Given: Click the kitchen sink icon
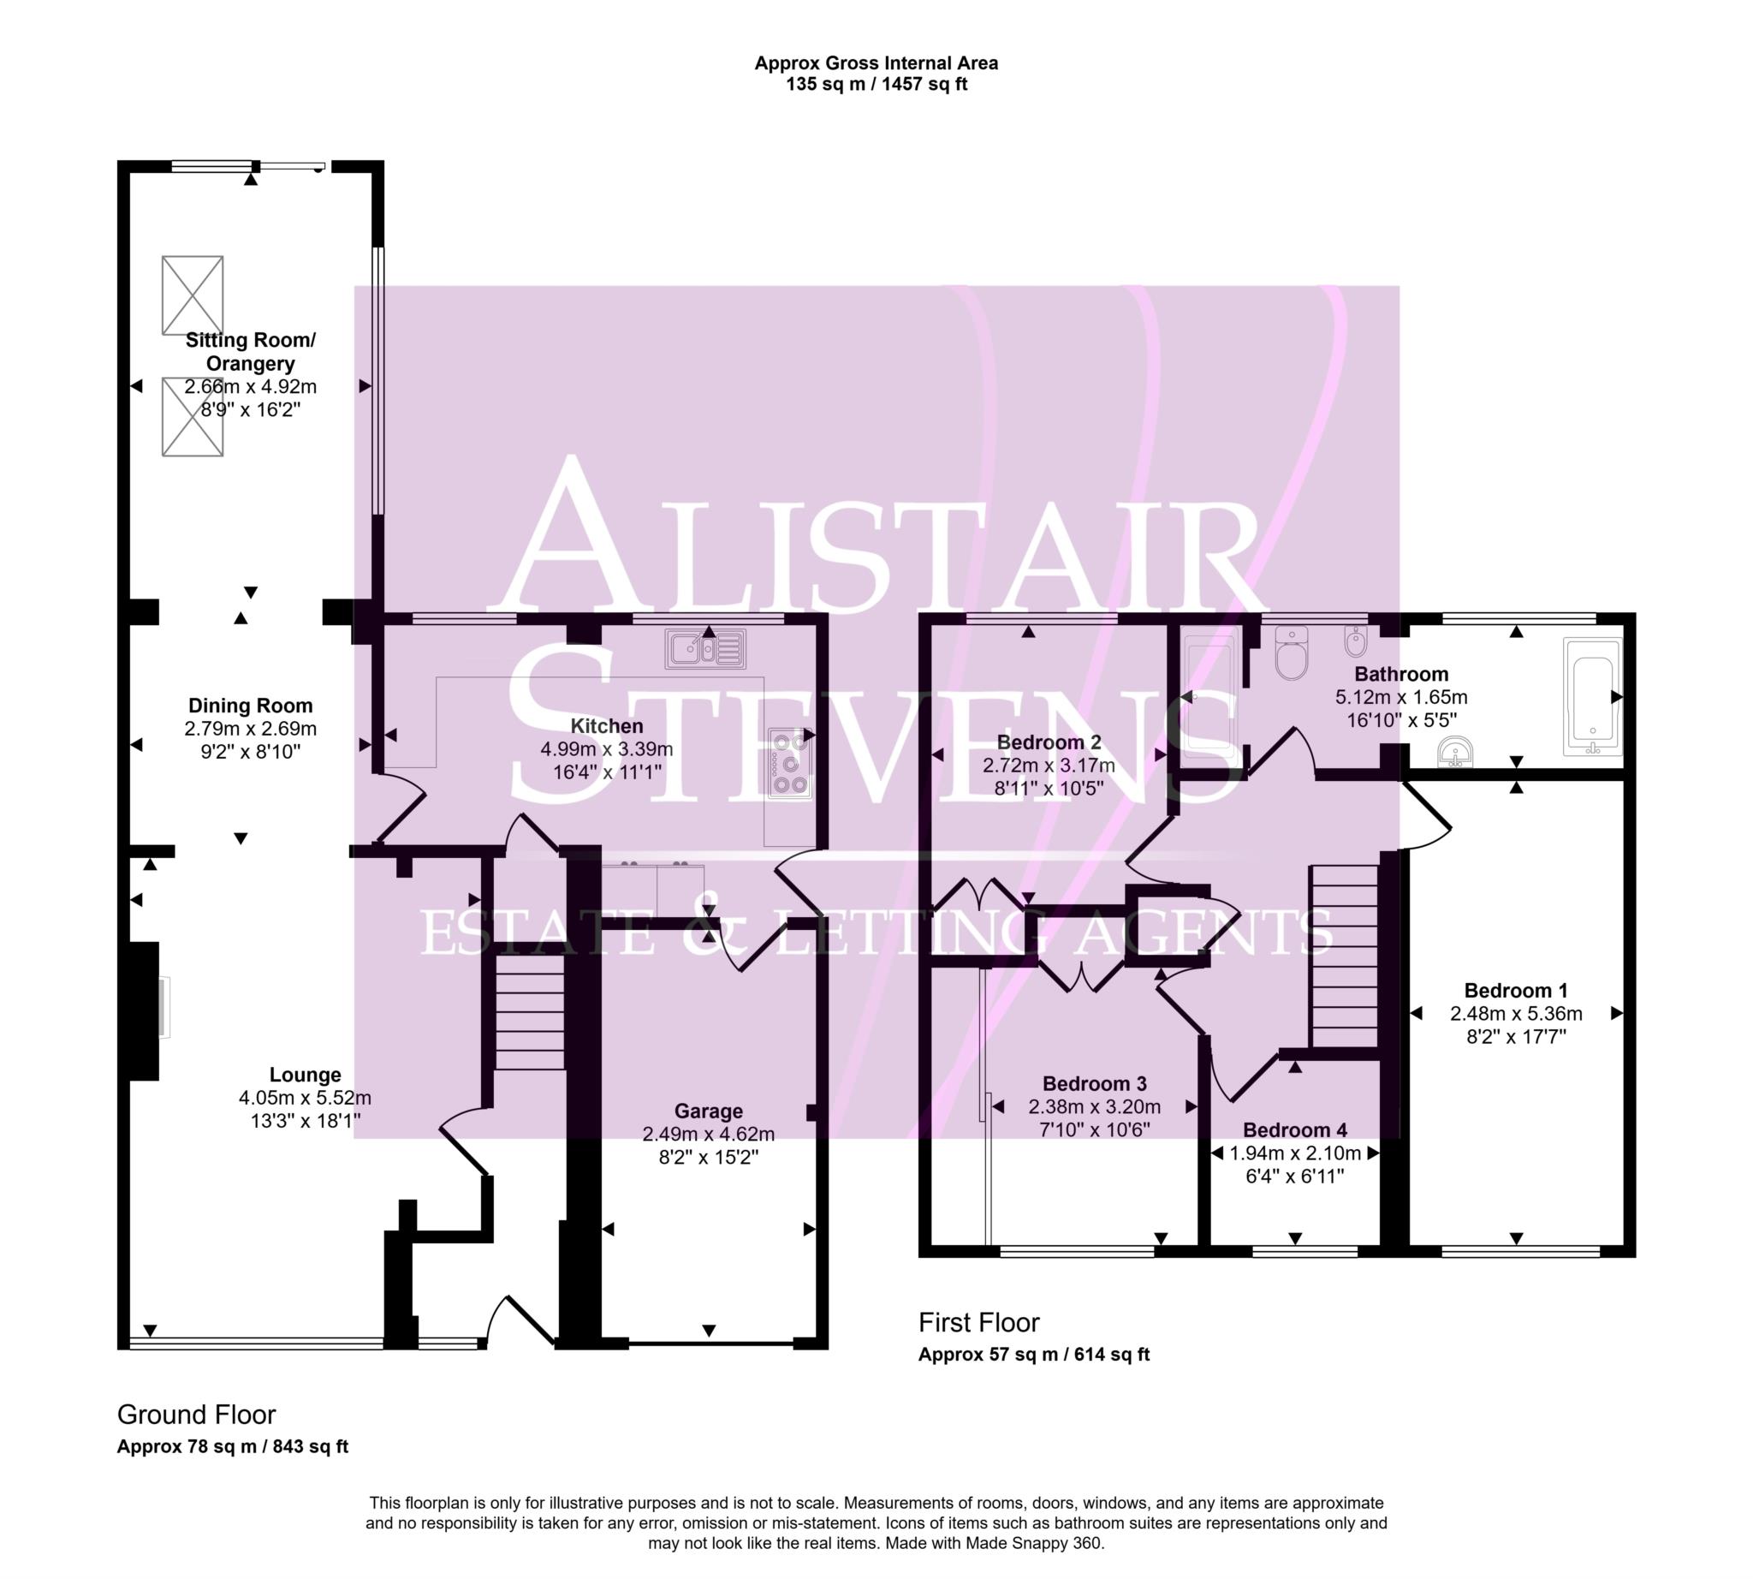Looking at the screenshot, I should coord(704,649).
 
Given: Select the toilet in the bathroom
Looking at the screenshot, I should coord(1292,657).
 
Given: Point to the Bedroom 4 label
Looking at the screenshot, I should coord(1294,1129).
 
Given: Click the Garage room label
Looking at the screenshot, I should coord(708,1111).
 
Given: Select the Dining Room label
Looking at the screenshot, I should coord(250,706).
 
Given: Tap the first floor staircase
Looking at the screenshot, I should coord(1343,956).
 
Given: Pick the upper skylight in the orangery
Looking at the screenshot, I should coord(193,295).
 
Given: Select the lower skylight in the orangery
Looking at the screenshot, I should coord(193,416).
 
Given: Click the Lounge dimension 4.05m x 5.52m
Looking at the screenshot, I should coord(305,1098).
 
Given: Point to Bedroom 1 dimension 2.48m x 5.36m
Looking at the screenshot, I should coord(1515,1013).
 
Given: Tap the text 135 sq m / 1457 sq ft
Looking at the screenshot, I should coord(876,84).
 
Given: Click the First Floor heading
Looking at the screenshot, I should coord(978,1322).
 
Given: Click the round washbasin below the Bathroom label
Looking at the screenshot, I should coord(1454,751).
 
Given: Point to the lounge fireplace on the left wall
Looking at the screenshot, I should coord(146,1010).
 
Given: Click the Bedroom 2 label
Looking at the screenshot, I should coord(1048,742).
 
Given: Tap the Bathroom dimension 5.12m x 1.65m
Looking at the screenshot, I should coord(1400,697).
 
